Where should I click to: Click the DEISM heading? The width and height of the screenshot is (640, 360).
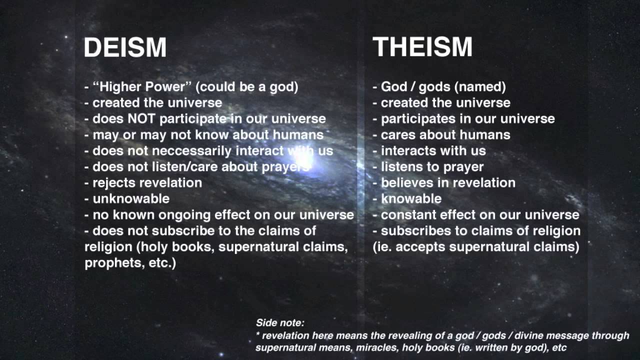[125, 47]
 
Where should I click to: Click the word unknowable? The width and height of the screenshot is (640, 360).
[131, 199]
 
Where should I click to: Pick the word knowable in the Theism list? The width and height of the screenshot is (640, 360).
[411, 199]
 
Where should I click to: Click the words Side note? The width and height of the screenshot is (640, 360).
[279, 323]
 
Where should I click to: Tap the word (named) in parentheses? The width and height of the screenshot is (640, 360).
[480, 87]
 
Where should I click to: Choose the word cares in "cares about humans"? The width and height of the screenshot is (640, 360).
[397, 135]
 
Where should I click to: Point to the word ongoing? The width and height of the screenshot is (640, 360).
[185, 215]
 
